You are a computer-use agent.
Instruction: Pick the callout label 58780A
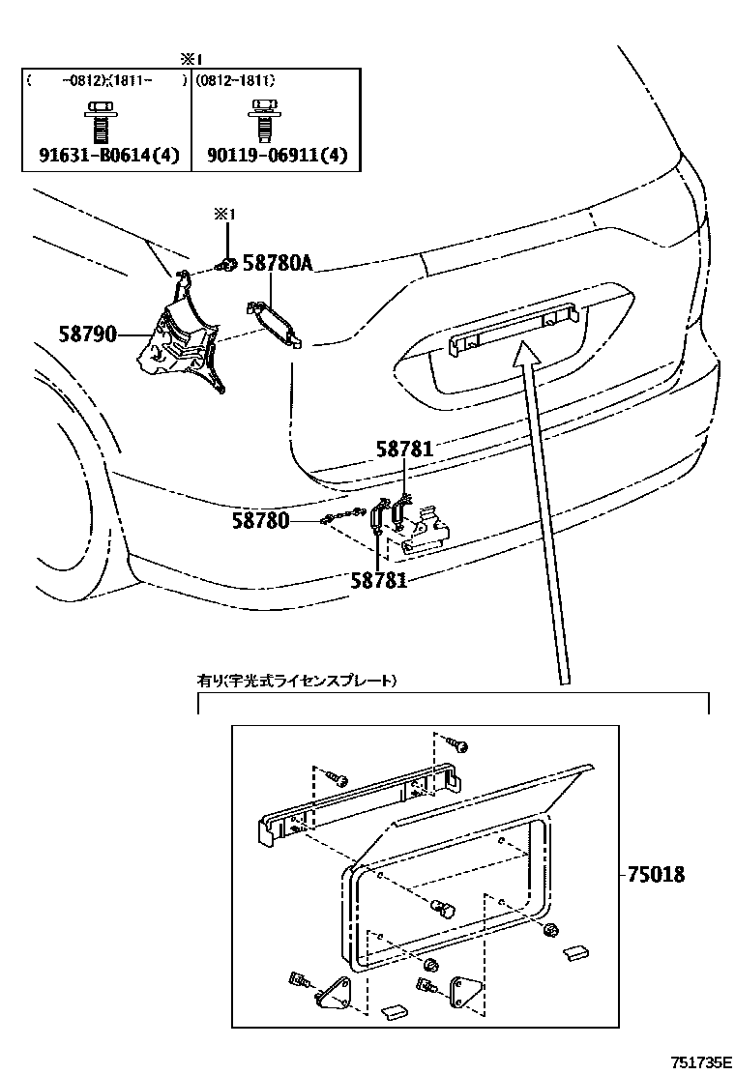coord(279,264)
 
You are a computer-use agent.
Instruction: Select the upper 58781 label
coord(405,449)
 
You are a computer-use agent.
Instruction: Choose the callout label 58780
coord(260,521)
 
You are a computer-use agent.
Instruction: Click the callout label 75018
coord(656,874)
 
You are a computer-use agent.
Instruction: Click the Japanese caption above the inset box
coord(297,681)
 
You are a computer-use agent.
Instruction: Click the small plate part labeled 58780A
coord(276,321)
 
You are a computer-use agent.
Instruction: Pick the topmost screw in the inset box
coord(456,745)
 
